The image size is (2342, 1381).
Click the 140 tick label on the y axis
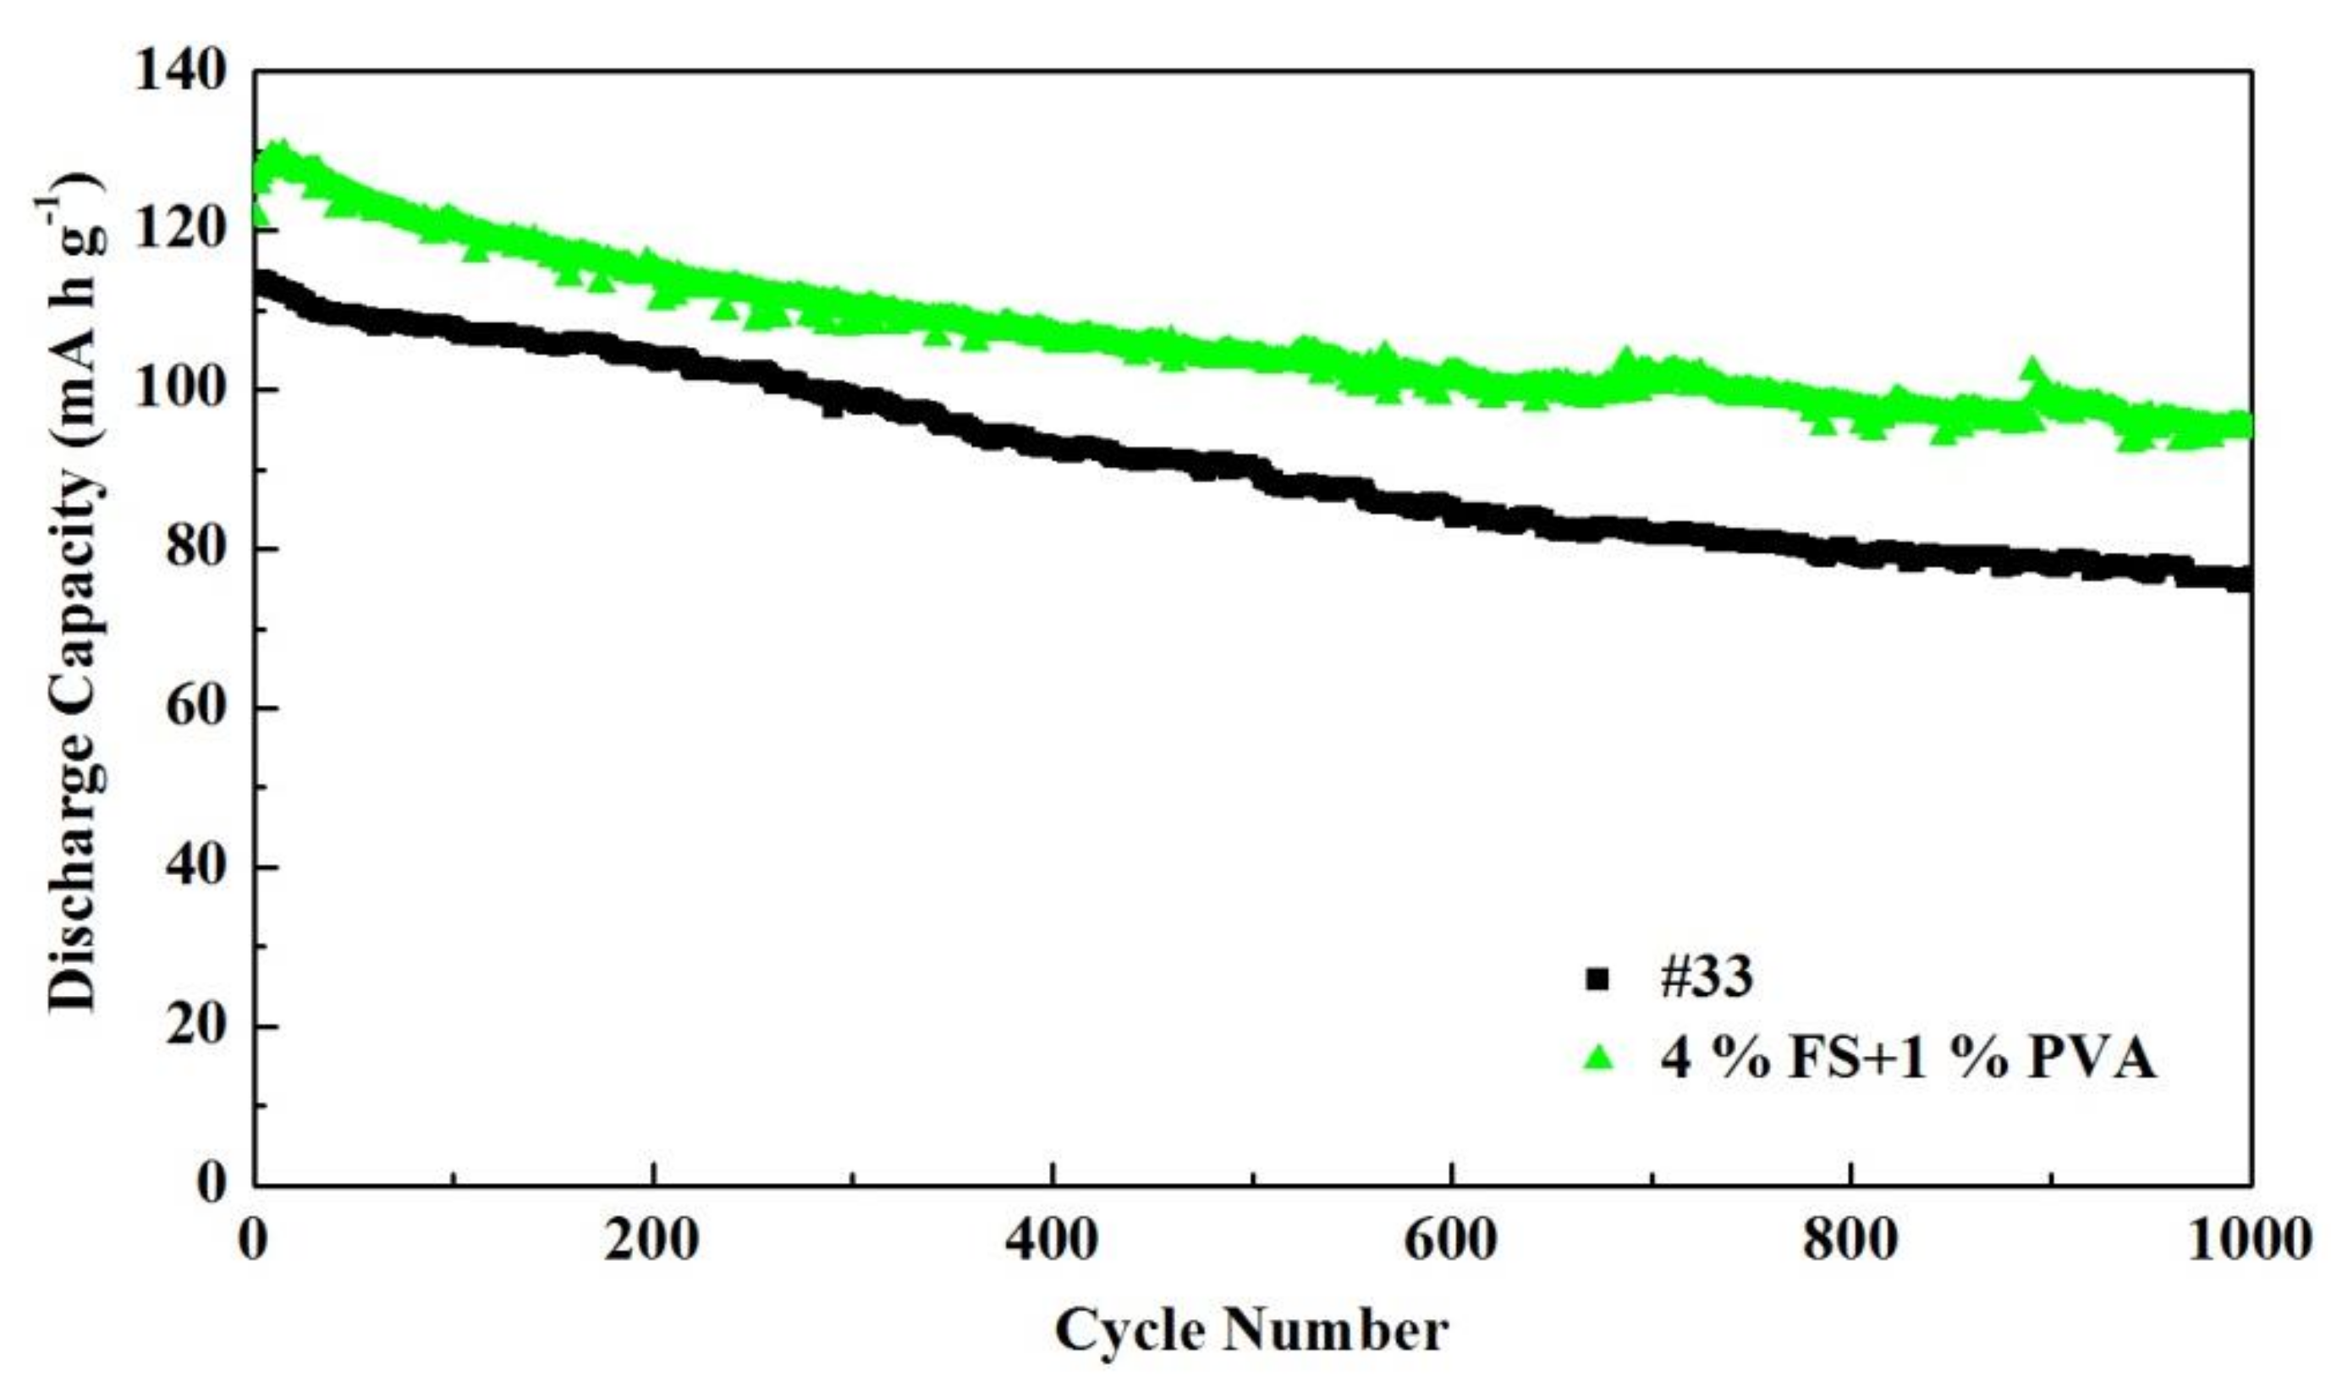[x=180, y=73]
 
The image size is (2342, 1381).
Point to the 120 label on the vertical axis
[x=180, y=231]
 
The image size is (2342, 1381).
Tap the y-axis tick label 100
[x=180, y=390]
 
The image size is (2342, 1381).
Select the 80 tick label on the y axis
[x=196, y=549]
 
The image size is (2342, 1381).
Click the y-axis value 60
[x=196, y=708]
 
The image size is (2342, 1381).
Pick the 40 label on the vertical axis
[x=196, y=867]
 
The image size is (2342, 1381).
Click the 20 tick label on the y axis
[x=196, y=1026]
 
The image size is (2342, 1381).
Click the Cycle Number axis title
[x=1251, y=1331]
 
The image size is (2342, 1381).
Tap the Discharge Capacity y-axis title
[x=74, y=596]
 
